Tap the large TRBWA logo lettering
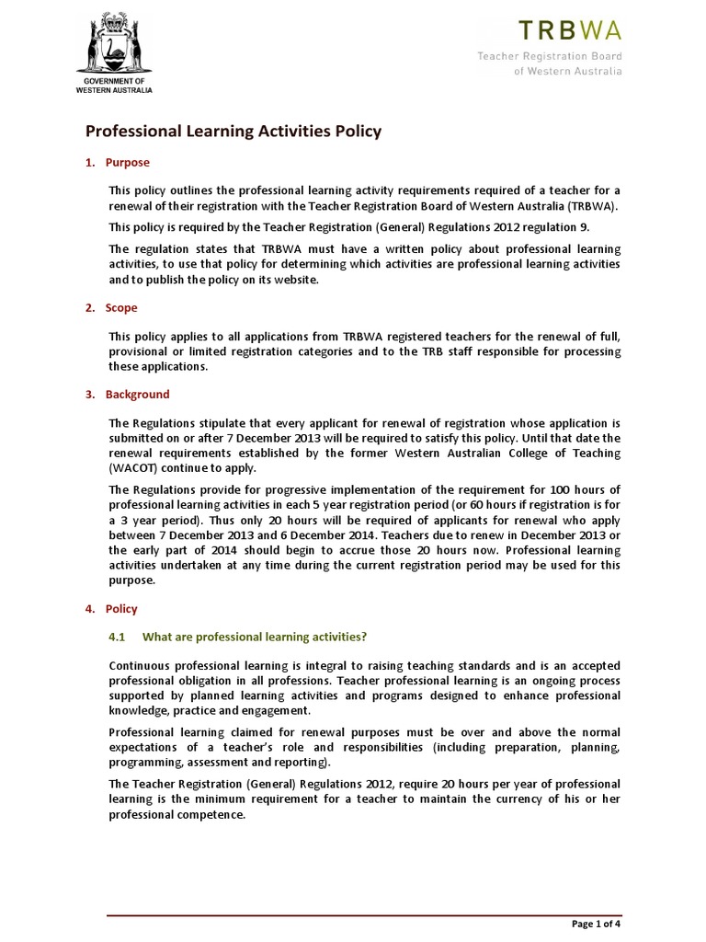[570, 30]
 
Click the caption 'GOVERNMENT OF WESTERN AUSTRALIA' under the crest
[114, 86]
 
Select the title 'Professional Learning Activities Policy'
[233, 132]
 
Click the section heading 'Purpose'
[128, 163]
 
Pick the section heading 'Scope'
[121, 308]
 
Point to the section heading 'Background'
[137, 395]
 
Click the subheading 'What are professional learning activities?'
[255, 637]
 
